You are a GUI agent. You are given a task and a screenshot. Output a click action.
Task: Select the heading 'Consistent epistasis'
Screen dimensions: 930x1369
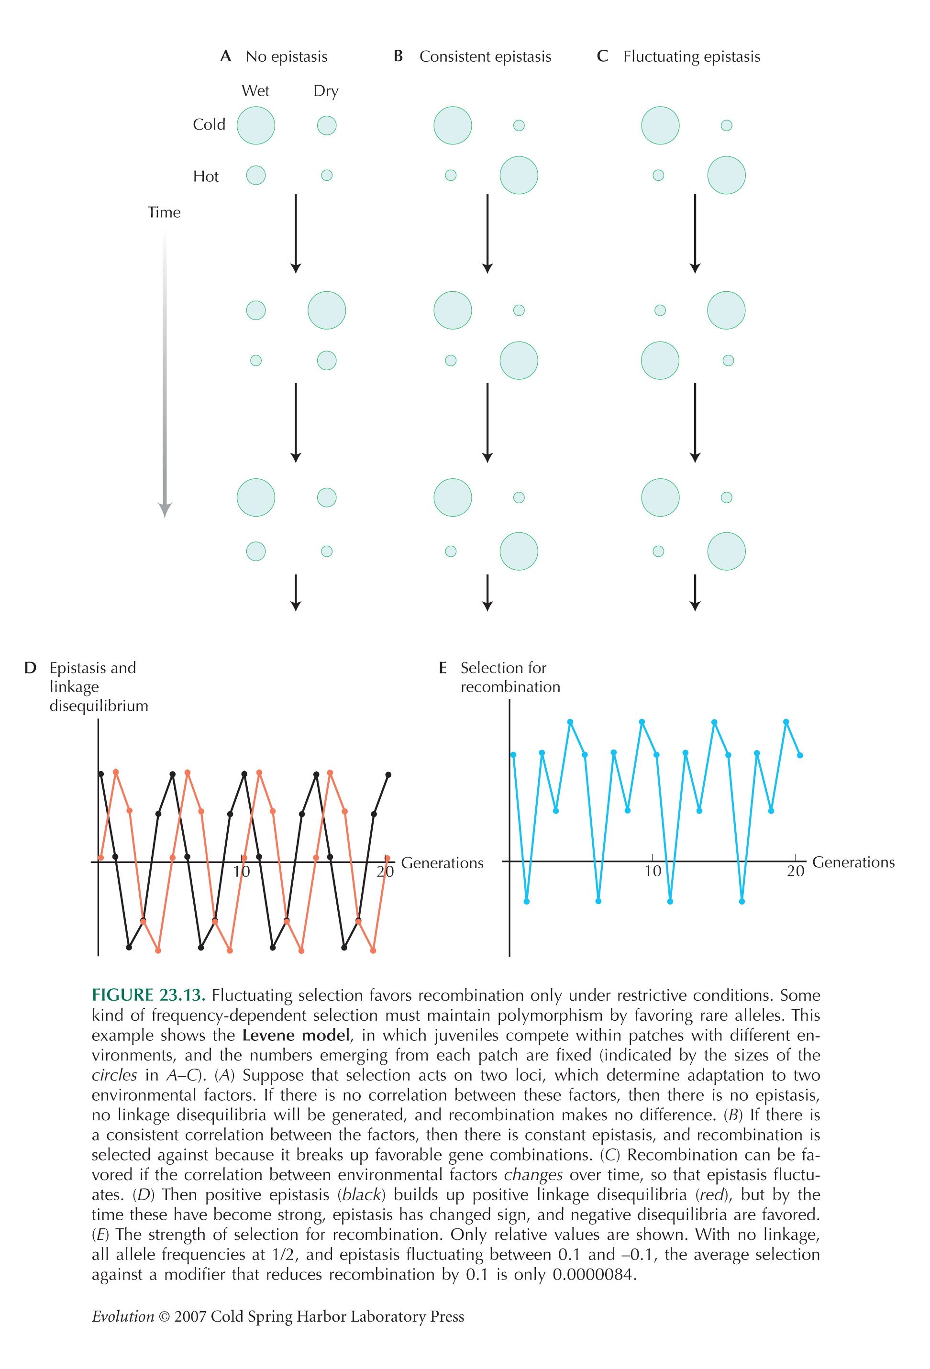[485, 57]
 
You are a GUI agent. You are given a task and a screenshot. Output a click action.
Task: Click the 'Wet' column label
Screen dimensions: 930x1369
[255, 91]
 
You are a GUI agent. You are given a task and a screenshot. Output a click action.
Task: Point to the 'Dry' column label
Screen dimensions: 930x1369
[326, 91]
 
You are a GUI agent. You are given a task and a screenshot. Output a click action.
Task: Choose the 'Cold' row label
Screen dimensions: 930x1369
[209, 124]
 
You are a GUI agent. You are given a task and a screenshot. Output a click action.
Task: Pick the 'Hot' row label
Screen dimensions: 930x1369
[206, 176]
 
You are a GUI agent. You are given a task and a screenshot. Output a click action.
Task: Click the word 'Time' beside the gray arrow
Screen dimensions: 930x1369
[164, 212]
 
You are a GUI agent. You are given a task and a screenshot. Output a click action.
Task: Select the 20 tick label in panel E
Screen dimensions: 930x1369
[795, 871]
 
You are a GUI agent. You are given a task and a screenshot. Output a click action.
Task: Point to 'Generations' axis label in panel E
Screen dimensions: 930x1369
[853, 862]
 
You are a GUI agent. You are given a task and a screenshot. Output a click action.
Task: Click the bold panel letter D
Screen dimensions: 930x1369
[30, 668]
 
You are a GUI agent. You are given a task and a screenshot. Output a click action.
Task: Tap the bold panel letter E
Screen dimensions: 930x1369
[443, 668]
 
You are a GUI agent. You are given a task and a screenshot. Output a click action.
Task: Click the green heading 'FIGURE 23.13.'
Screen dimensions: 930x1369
[148, 995]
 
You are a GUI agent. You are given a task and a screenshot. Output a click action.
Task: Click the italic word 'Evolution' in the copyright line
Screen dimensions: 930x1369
[123, 1316]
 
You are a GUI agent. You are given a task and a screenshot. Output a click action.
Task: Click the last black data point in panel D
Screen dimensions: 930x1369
[388, 774]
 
